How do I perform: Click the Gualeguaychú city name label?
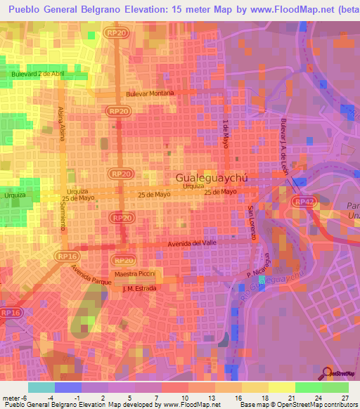[212, 178]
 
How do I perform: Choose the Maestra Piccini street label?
[139, 273]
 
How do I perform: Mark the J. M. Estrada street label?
[138, 287]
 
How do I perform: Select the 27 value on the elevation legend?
[345, 400]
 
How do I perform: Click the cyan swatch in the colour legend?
[41, 387]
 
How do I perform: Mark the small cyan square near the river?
[262, 280]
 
